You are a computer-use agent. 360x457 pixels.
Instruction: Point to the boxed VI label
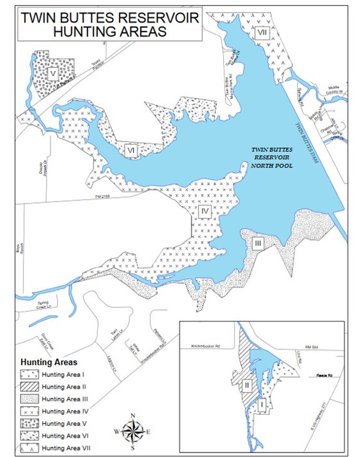pos(131,149)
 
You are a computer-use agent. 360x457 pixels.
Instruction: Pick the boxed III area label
pos(258,243)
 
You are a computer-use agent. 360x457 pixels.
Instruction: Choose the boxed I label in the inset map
pos(263,404)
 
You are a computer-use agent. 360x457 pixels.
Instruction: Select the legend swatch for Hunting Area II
pos(29,387)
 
